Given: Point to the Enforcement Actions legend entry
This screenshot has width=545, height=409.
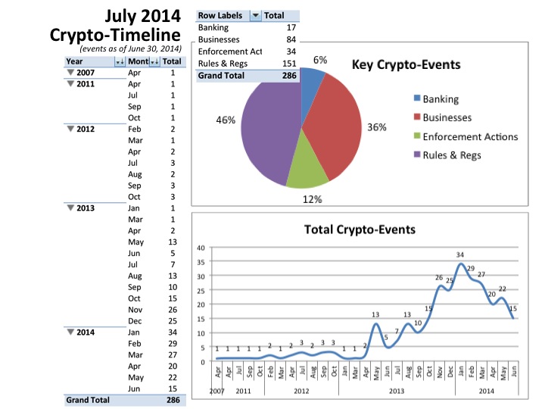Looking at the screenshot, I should [x=469, y=136].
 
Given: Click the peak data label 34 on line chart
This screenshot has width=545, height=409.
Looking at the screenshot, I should [x=459, y=254].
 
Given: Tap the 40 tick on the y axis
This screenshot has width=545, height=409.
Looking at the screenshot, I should [x=201, y=248].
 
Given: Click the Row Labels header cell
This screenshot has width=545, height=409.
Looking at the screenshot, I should [x=220, y=15].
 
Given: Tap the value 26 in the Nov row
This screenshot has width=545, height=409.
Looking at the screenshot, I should [x=172, y=310].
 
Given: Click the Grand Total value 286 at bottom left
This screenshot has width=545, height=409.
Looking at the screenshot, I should [x=172, y=400].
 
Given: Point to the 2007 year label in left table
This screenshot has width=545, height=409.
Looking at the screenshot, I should [x=86, y=73].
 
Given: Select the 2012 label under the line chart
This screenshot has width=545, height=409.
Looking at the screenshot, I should [x=301, y=392].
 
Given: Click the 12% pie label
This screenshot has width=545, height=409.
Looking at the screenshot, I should [x=313, y=199].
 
